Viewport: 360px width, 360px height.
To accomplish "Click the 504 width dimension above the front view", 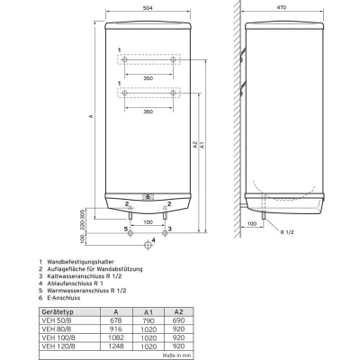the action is pos(148,8).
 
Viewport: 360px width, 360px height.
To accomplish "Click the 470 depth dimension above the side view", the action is pos(281,7).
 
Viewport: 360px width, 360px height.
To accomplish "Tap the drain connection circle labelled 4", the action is pos(148,245).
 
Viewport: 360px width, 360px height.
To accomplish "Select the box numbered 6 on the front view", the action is pos(148,197).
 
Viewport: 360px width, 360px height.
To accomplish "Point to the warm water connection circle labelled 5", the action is pos(130,233).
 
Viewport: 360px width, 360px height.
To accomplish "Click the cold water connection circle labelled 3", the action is pos(165,233).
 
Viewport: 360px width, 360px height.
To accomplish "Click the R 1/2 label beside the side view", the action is pos(287,232).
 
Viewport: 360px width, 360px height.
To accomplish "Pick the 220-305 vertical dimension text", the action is pos(83,220).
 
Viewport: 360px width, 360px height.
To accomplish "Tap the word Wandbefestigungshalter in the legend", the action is pos(80,262).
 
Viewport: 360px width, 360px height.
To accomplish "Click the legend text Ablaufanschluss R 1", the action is pos(75,283).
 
